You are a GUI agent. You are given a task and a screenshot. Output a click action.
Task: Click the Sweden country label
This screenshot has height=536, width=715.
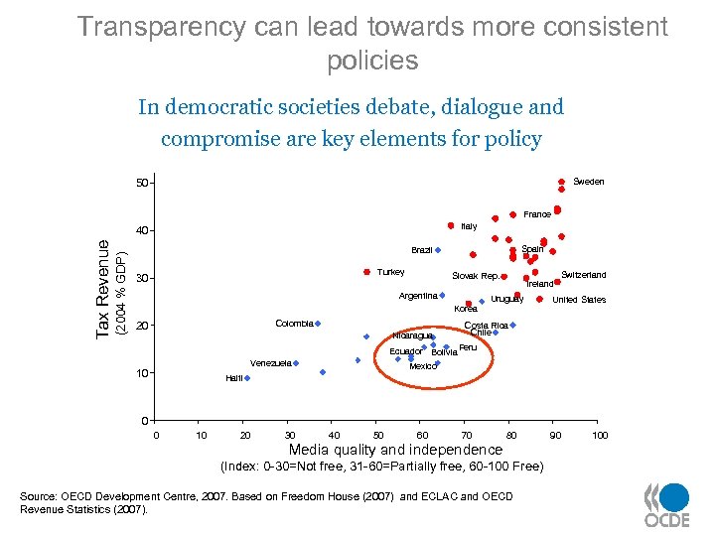tap(589, 182)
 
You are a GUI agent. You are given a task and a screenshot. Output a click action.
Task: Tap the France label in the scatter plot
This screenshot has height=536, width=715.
tap(537, 214)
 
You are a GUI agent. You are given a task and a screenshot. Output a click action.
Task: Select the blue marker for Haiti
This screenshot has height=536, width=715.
tap(247, 378)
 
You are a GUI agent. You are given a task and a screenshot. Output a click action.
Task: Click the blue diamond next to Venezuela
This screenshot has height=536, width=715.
tap(296, 363)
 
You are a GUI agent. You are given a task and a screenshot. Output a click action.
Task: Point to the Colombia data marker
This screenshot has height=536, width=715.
tap(318, 324)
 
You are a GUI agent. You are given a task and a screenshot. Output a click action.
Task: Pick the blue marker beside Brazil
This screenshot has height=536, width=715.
tap(438, 250)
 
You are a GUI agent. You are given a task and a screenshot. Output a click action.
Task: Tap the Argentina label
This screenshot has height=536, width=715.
tap(418, 296)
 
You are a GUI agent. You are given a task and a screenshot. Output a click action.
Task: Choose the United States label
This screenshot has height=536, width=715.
tap(579, 300)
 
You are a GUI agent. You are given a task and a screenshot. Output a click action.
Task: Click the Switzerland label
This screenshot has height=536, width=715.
tap(584, 275)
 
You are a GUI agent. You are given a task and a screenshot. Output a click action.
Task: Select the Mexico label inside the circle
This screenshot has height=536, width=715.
tap(423, 366)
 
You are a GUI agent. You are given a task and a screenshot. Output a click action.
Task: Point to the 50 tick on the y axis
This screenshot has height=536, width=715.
tap(143, 184)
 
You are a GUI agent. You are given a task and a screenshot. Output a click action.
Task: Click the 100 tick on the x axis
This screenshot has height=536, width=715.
tap(600, 435)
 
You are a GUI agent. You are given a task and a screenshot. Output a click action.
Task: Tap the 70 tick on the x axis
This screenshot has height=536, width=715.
tap(467, 435)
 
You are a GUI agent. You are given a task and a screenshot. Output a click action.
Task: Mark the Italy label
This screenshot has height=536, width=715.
tap(469, 227)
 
